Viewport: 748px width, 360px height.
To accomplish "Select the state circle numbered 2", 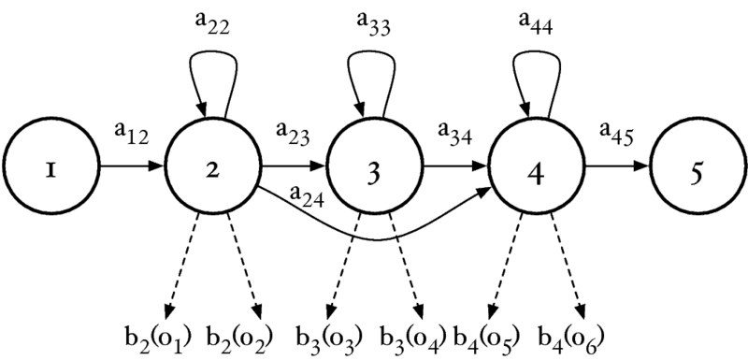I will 213,169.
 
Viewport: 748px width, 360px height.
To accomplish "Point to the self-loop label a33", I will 374,26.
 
